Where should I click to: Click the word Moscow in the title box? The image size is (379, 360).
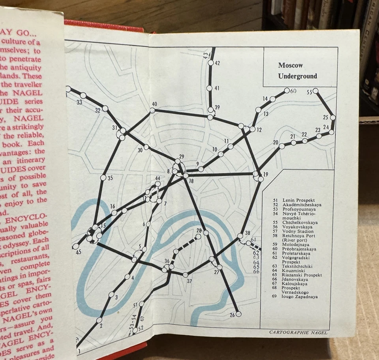291,65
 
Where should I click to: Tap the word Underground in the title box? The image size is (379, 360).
298,76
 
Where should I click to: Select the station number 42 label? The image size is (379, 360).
217,63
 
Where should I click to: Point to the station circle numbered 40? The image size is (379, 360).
152,110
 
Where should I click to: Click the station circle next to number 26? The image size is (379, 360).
238,315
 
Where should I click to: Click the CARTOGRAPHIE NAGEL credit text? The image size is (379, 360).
298,332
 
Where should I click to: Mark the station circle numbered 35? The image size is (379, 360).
103,178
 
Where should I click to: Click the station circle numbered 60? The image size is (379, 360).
287,90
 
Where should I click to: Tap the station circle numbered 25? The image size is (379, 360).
333,117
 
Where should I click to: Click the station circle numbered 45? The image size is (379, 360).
75,246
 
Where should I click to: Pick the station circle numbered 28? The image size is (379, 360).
206,234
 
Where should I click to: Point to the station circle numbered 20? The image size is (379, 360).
282,146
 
